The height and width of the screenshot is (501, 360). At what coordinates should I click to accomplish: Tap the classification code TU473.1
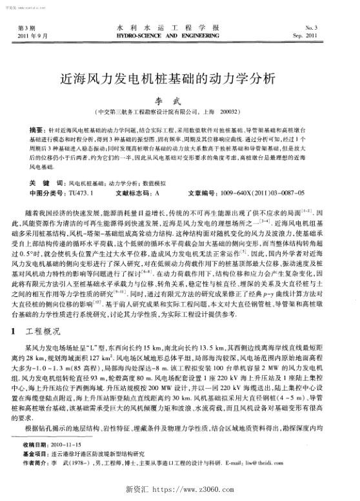pos(83,192)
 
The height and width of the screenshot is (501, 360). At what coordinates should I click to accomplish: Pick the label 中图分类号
pos(48,192)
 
